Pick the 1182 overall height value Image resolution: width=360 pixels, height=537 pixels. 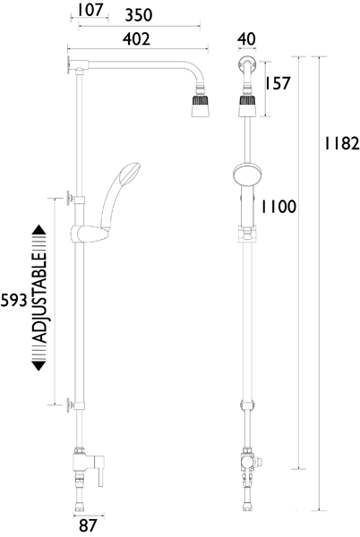click(x=341, y=143)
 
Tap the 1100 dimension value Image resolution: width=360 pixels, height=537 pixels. click(x=278, y=208)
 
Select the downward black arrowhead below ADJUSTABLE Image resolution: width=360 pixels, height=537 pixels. click(x=39, y=368)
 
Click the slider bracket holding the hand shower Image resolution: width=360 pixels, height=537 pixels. click(x=88, y=236)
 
